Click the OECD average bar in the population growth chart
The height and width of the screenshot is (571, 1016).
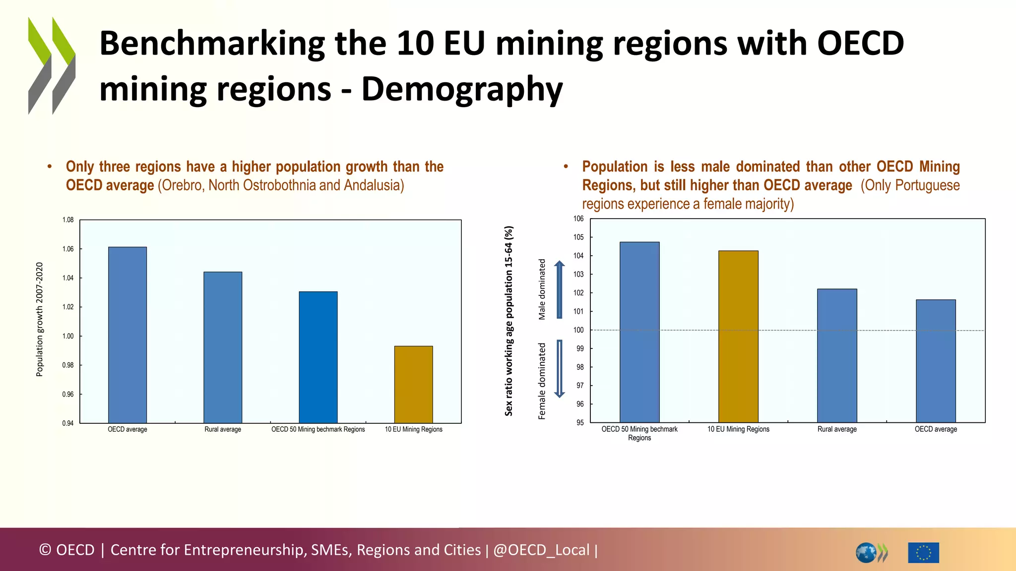127,335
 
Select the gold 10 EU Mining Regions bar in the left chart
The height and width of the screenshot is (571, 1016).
413,384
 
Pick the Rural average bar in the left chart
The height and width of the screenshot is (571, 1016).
223,347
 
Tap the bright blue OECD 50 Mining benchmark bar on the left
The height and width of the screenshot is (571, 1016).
318,357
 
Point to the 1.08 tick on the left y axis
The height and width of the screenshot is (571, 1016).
68,220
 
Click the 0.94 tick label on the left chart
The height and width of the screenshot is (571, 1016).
68,423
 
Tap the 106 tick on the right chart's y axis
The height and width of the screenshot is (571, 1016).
578,219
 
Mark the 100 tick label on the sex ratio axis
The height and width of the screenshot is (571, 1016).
578,330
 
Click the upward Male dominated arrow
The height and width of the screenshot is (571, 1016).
559,289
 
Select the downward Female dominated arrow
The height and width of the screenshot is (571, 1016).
559,369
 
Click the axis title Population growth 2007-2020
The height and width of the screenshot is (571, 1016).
40,320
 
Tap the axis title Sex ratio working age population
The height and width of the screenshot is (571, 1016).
508,321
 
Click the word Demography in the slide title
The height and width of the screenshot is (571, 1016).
462,89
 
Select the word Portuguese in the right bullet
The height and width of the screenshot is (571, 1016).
927,185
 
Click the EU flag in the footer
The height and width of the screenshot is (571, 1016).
923,552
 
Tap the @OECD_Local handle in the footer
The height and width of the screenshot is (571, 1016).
541,550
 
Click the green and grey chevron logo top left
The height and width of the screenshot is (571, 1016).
52,65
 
